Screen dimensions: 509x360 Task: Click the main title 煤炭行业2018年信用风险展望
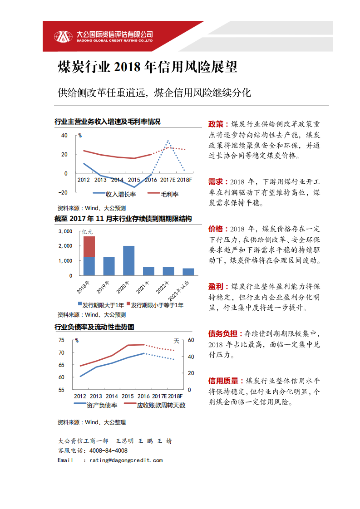pos(148,68)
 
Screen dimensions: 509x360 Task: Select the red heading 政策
pos(216,124)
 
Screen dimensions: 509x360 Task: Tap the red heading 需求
pos(216,181)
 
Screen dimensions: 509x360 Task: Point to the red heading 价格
pos(216,228)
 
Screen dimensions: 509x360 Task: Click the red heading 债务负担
pos(223,333)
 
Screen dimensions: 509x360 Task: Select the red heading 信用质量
pos(223,380)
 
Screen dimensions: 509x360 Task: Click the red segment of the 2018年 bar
pos(89,246)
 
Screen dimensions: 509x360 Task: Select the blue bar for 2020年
pos(128,260)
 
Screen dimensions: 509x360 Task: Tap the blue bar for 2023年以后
pos(188,272)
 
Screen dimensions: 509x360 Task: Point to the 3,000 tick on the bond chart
pos(65,231)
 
